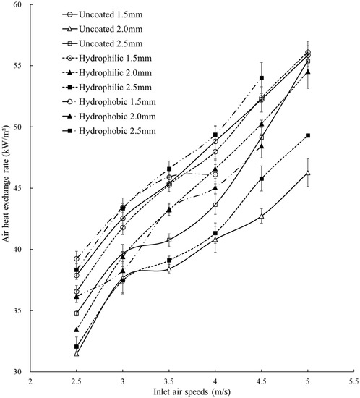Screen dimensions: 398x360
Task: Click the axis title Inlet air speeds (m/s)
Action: pyautogui.click(x=192, y=391)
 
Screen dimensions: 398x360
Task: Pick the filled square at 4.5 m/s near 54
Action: pyautogui.click(x=262, y=78)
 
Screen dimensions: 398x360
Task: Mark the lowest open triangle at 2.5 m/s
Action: pyautogui.click(x=77, y=353)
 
